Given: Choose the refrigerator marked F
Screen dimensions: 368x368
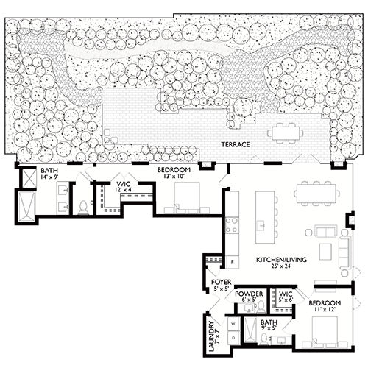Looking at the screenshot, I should tap(233, 261).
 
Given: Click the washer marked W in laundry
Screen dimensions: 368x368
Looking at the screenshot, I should tap(234, 323).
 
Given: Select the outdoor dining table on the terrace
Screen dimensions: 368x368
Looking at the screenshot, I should tap(286, 133).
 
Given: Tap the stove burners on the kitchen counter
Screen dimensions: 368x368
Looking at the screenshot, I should tap(233, 222).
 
